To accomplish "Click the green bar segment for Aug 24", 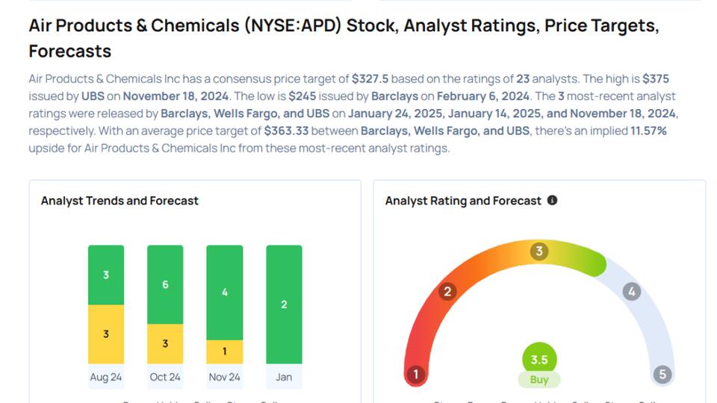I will pyautogui.click(x=106, y=275).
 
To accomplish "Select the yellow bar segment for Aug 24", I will pyautogui.click(x=106, y=334).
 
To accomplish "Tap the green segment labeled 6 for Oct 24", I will pyautogui.click(x=165, y=284).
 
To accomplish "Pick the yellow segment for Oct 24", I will pyautogui.click(x=165, y=343).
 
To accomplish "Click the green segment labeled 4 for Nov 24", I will pyautogui.click(x=225, y=293).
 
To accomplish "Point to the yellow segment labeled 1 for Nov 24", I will pyautogui.click(x=225, y=352).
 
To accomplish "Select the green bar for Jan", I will pyautogui.click(x=284, y=304).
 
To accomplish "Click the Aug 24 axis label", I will pyautogui.click(x=106, y=377).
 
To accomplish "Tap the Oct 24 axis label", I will pyautogui.click(x=165, y=377).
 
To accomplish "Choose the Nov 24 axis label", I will pyautogui.click(x=225, y=377).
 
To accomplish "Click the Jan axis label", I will pyautogui.click(x=284, y=377).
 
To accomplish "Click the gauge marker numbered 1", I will pyautogui.click(x=415, y=374).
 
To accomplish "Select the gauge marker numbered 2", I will pyautogui.click(x=447, y=291).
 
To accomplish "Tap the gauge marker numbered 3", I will pyautogui.click(x=539, y=251).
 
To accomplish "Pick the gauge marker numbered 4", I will pyautogui.click(x=632, y=291).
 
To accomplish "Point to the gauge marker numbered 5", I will pyautogui.click(x=662, y=374).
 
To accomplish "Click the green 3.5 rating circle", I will pyautogui.click(x=539, y=359).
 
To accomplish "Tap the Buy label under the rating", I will pyautogui.click(x=539, y=379).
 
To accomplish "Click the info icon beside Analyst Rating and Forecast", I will pyautogui.click(x=553, y=200).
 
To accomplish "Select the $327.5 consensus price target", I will pyautogui.click(x=370, y=78).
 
